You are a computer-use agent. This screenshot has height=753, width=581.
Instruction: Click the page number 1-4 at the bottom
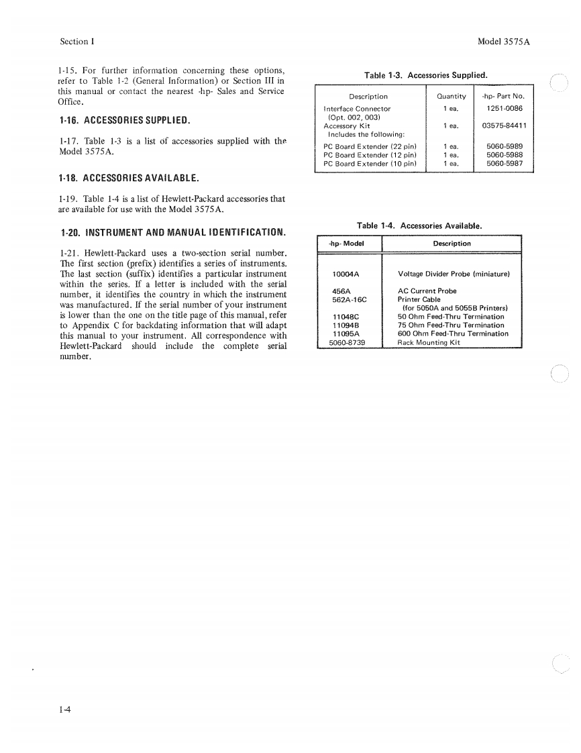66,707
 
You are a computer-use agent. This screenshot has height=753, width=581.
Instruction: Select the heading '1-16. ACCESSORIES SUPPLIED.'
125,121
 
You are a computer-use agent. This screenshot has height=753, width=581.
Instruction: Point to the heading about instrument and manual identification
173,233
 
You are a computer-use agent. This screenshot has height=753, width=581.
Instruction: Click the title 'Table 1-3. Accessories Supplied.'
425,75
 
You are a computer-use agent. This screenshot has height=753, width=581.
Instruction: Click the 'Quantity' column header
451,97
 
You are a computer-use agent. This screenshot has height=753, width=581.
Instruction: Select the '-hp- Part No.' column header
504,97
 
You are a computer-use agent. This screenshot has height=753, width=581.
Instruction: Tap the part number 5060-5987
505,163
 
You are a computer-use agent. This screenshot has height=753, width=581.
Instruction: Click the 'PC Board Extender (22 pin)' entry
370,146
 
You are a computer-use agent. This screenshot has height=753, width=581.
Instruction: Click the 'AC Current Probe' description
427,291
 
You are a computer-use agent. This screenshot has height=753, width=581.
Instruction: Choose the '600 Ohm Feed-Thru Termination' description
453,334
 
